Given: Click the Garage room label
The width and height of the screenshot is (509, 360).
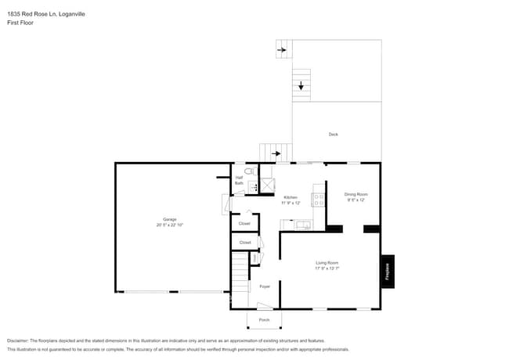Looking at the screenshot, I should click(169, 218).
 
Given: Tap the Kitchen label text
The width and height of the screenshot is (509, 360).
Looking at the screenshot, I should click(291, 197).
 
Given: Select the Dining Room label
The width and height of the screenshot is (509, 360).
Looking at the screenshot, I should click(356, 193).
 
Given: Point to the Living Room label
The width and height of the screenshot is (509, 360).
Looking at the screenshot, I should click(327, 262).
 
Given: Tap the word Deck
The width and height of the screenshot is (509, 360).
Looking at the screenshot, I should click(334, 135).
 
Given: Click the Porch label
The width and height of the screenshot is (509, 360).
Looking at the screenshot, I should click(264, 320).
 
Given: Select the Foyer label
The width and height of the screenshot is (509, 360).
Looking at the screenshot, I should click(265, 286).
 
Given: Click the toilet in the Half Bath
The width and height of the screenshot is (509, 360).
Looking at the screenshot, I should click(248, 171).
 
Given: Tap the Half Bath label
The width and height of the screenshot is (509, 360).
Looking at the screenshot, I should click(240, 180).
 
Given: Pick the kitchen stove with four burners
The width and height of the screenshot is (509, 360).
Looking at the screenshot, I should click(319, 200).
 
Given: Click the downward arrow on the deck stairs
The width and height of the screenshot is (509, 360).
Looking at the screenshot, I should click(301, 86).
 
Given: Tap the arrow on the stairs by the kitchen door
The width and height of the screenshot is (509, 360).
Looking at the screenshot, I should click(276, 153).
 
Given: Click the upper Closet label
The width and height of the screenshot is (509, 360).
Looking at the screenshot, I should click(244, 223).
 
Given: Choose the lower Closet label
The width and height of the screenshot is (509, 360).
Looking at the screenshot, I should click(244, 243).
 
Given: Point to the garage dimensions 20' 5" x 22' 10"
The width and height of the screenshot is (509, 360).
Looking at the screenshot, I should click(169, 225).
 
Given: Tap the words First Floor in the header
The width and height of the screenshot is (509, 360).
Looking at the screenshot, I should click(20, 23).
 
